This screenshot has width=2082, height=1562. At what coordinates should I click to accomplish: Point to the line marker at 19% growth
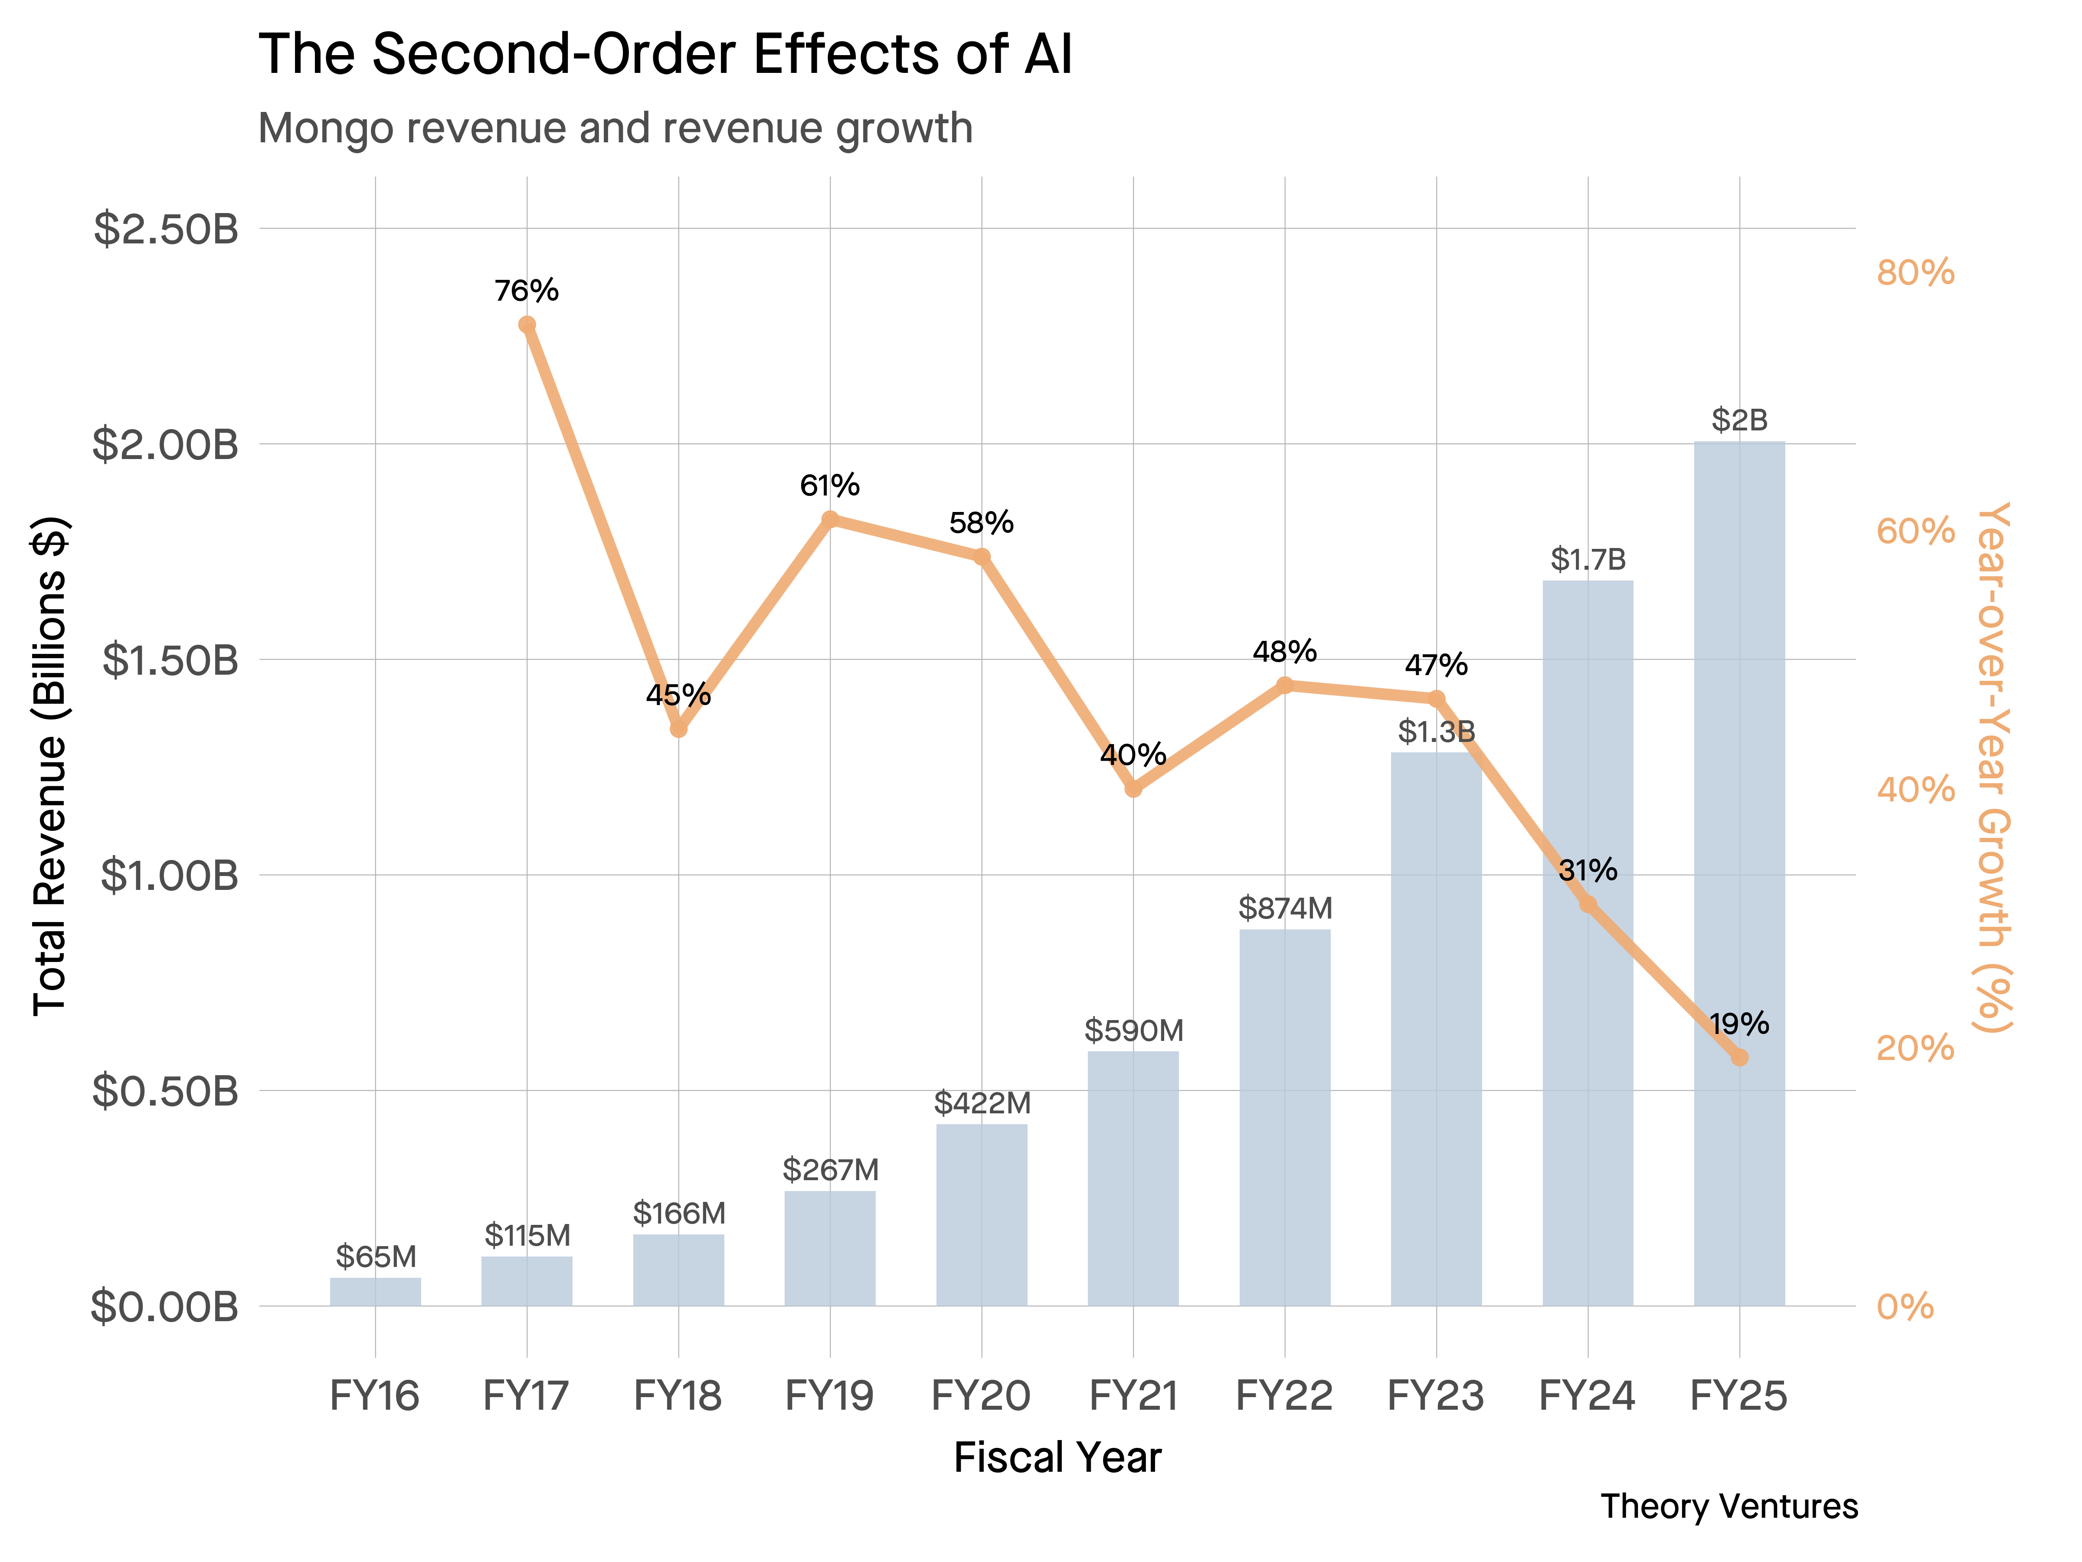(1739, 1057)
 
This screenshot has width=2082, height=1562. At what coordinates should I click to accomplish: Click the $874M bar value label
(1285, 909)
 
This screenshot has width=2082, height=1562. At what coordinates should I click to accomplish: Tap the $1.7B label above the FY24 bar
(1588, 559)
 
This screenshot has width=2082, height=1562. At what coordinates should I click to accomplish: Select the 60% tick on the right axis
(1915, 531)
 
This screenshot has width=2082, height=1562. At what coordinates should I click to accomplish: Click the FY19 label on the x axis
(829, 1395)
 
